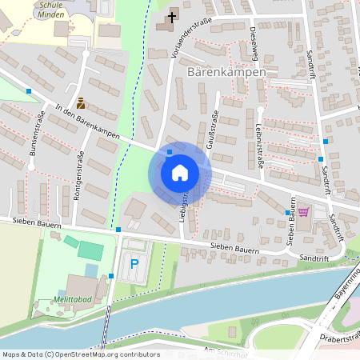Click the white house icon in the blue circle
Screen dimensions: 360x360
(x=180, y=172)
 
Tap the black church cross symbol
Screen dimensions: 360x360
(x=171, y=17)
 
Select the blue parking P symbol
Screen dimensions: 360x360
(x=134, y=263)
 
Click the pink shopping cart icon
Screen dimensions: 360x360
(x=303, y=212)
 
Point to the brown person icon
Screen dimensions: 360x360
(x=81, y=102)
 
